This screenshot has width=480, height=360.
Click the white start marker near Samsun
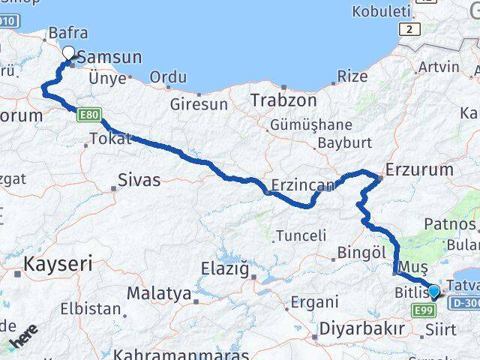pos(69,52)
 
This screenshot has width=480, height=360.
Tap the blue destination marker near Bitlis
pos(433,289)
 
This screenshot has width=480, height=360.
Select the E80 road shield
pos(90,113)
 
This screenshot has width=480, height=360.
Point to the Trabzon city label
pos(274,100)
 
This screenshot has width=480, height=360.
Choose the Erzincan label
pos(297,184)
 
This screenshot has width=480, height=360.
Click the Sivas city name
pos(139,179)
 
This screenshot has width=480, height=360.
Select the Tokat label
pos(109,139)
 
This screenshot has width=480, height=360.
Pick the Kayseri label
pos(58,263)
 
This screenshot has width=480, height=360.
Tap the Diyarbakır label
pos(361,328)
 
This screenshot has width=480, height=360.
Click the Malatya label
pos(158,293)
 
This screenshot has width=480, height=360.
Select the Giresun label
pos(199,104)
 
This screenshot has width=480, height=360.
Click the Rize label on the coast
pos(352,76)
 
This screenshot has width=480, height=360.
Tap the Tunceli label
pos(301,235)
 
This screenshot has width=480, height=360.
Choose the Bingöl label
pos(361,253)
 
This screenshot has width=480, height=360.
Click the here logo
pos(25,337)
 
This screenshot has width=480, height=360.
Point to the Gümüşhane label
pos(312,124)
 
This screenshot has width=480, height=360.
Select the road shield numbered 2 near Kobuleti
pos(409,29)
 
